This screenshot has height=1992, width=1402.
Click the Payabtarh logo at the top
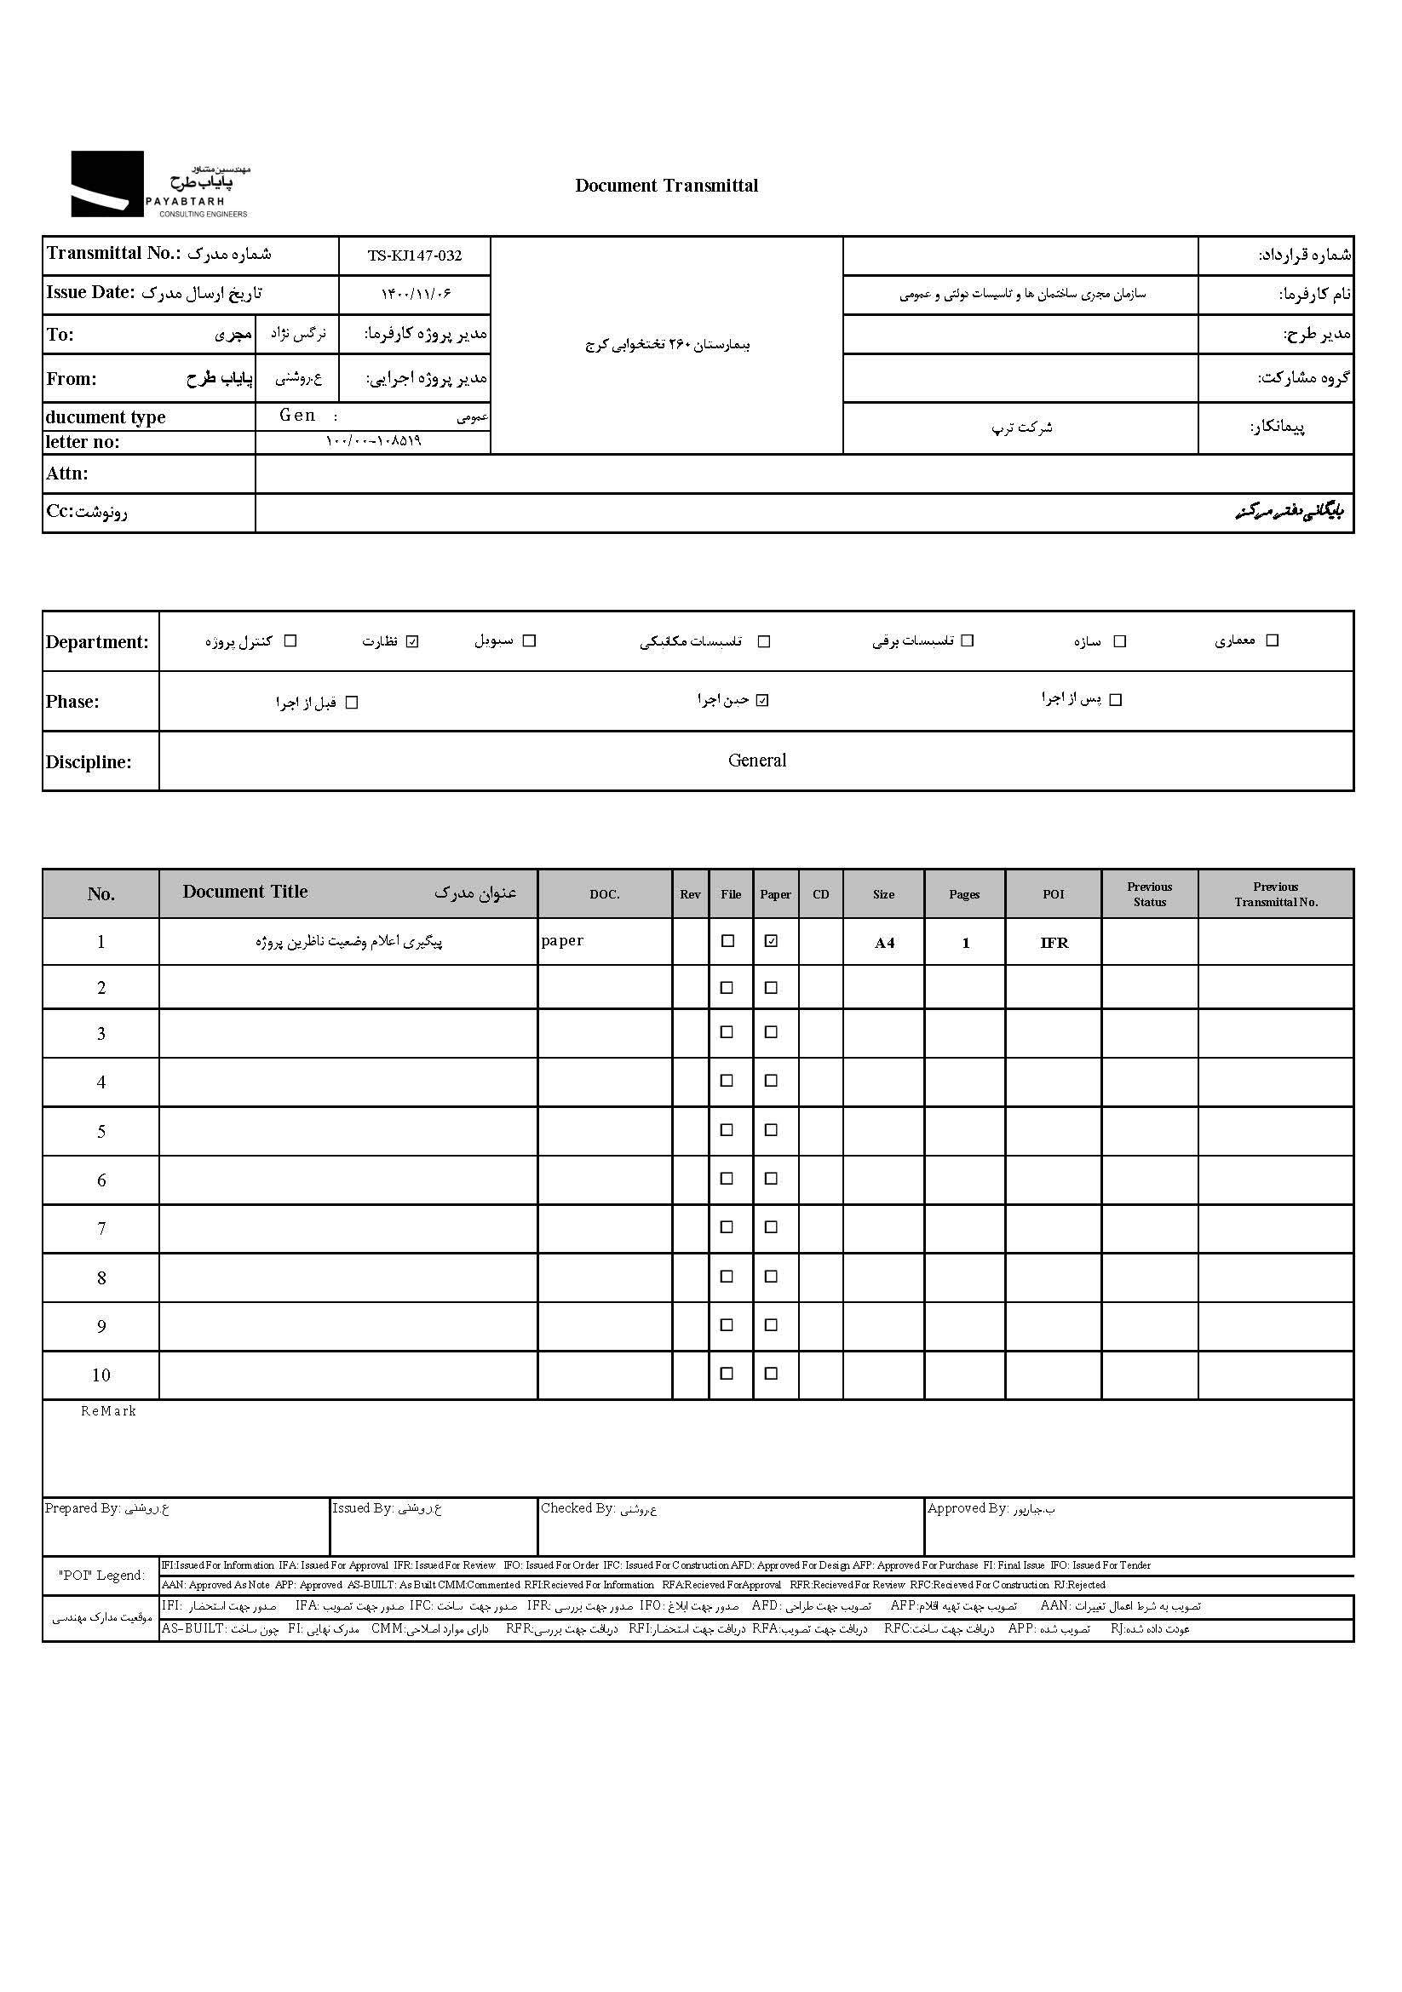[x=159, y=184]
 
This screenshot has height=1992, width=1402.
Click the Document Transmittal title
[x=666, y=186]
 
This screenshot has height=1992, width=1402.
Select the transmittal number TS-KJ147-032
[x=415, y=256]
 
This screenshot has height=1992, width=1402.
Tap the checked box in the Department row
[x=413, y=641]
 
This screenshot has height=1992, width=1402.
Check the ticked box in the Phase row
[x=762, y=700]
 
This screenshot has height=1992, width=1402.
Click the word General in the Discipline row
[x=756, y=761]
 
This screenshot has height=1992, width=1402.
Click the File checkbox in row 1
[x=728, y=941]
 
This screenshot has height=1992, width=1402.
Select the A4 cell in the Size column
[x=884, y=943]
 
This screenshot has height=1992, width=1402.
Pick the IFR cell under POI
[x=1054, y=943]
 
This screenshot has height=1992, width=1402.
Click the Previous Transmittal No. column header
[x=1275, y=894]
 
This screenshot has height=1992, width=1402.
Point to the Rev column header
[x=690, y=894]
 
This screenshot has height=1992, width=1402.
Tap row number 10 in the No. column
[x=101, y=1375]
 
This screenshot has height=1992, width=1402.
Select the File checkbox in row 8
[x=727, y=1277]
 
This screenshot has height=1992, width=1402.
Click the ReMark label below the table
[x=108, y=1411]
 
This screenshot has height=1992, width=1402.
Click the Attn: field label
[x=66, y=474]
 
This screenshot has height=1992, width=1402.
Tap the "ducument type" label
[x=105, y=417]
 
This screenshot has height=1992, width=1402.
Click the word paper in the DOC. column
[x=562, y=940]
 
